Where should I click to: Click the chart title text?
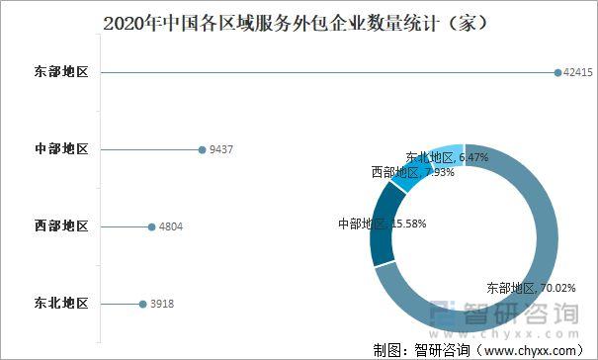click(298, 21)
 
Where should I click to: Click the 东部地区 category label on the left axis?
click(61, 72)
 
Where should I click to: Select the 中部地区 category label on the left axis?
click(61, 149)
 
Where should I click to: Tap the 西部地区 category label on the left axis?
click(61, 226)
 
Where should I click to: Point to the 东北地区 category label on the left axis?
click(61, 304)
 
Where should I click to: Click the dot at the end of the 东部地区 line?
click(557, 72)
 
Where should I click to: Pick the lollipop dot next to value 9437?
click(201, 149)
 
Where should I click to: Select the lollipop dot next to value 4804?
click(150, 226)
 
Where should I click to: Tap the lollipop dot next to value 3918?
click(140, 304)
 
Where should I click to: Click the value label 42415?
click(579, 72)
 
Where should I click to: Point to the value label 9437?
click(220, 149)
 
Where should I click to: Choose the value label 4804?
click(170, 226)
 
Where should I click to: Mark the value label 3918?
click(160, 304)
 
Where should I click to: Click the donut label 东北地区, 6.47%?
click(447, 157)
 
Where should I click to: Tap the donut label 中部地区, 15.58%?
click(382, 224)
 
